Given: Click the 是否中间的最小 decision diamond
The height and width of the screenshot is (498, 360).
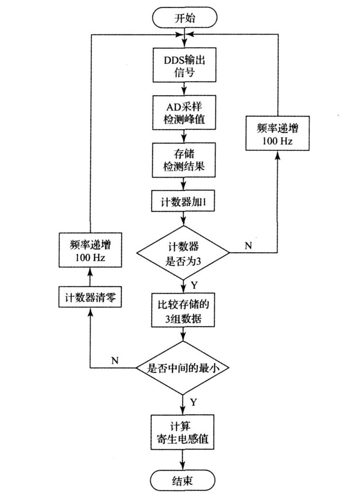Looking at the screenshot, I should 183,367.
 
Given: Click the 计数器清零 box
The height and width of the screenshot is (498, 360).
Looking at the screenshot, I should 91,297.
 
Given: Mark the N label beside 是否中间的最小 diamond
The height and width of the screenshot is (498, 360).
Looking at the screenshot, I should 116,360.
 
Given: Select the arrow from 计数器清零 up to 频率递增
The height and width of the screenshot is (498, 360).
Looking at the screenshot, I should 91,278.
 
